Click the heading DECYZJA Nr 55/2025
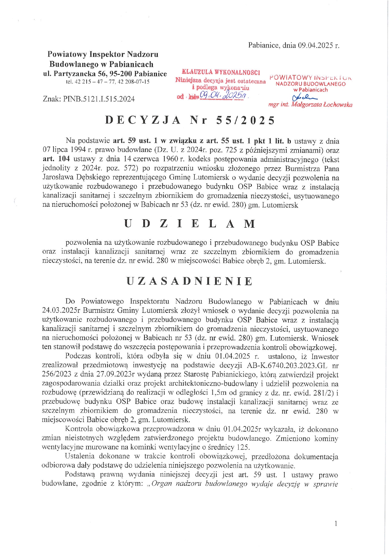tap(190, 120)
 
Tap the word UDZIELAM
tap(190, 224)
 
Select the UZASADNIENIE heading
tap(190, 281)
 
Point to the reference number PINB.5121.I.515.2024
tap(99, 99)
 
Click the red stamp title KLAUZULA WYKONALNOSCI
tap(221, 73)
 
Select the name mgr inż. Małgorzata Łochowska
tap(310, 104)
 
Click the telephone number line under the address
tap(107, 82)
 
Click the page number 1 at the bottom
tap(335, 524)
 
